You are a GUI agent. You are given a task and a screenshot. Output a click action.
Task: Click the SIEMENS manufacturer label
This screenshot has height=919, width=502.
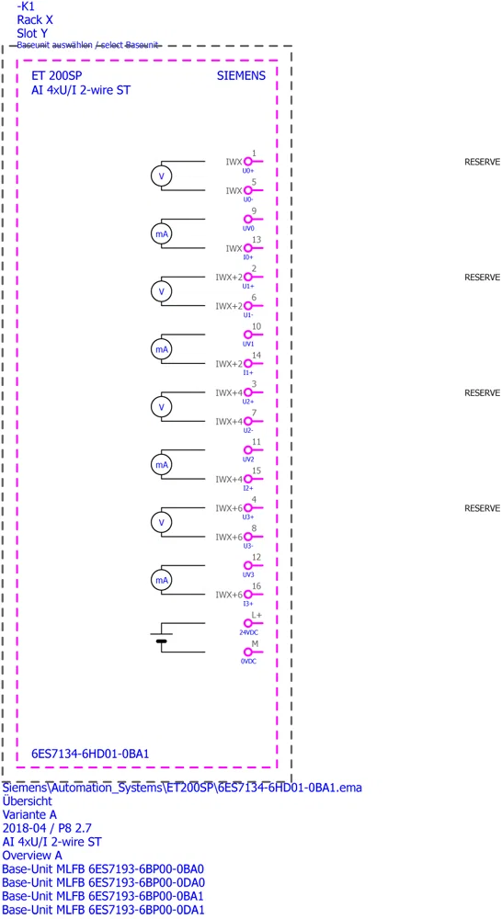pos(241,75)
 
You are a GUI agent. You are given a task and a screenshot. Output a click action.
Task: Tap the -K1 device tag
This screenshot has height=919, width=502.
pos(27,6)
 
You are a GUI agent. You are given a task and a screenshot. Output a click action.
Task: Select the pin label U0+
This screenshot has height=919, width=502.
pos(248,171)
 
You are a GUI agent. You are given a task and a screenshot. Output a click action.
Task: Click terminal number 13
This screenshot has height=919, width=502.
pos(254,240)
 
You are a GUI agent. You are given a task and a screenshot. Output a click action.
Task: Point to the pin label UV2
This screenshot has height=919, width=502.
pos(248,459)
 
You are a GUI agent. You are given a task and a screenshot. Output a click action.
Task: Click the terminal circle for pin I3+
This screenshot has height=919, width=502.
pos(248,595)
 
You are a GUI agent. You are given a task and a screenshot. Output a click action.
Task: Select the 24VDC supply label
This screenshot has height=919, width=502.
pos(248,632)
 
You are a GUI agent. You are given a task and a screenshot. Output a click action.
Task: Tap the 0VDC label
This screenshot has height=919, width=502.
pos(248,661)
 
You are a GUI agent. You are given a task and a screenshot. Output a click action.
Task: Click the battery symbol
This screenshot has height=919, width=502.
pos(161,638)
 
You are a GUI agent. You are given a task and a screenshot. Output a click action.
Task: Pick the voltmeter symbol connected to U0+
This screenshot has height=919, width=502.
pos(161,176)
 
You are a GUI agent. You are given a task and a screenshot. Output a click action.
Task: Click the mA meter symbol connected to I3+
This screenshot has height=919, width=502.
pos(161,580)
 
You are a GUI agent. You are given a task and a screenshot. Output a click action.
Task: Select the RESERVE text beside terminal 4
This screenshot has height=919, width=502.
pos(482,508)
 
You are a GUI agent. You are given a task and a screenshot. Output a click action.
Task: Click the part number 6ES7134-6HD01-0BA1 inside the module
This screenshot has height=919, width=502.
pos(90,754)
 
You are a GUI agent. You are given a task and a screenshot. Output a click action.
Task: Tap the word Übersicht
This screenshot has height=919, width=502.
pos(28,800)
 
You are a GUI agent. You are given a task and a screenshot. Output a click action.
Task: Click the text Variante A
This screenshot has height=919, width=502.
pos(30,814)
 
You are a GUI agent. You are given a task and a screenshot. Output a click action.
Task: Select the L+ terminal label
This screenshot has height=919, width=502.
pos(257,615)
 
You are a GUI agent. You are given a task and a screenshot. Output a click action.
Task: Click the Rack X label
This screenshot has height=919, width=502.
pos(35,20)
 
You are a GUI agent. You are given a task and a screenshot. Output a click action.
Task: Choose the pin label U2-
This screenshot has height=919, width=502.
pos(248,430)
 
